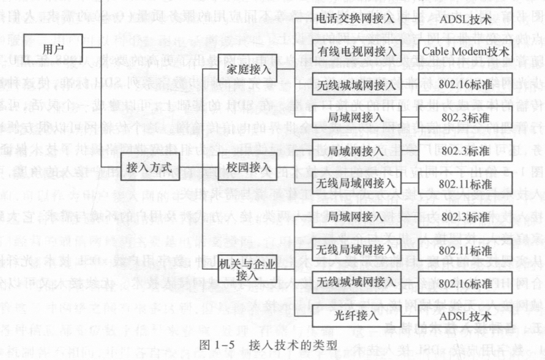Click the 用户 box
pos(53,48)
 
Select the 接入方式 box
pos(150,167)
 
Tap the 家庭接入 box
pos(248,68)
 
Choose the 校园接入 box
pos(248,167)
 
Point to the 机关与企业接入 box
pos(248,269)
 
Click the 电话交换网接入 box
pos(357,18)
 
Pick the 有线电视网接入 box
pos(357,51)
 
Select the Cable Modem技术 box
pos(465,51)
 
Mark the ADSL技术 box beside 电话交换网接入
pos(465,18)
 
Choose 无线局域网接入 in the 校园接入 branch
pos(357,183)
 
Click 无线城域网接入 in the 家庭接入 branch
pos(357,84)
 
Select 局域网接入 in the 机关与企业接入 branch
pos(357,217)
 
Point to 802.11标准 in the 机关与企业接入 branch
pos(465,250)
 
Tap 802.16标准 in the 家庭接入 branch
pos(465,84)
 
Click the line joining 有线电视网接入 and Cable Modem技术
pos(410,51)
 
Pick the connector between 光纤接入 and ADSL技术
pos(410,316)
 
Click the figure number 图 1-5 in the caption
pos(217,345)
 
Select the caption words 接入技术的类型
pos(293,345)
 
